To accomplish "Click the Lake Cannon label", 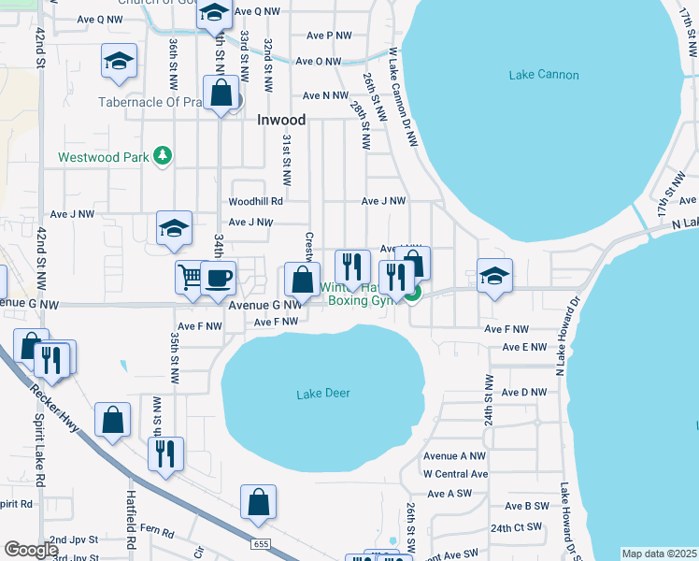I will coord(544,75).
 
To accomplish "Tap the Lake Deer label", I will coord(323,394).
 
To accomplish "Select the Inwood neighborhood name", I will coord(281,120).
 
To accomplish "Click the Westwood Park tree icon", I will coord(164,156).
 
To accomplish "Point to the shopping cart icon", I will coord(190,276).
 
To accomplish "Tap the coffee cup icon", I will coord(218,277).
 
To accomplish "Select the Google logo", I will coord(31,550).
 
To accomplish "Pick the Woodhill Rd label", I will coord(255,201).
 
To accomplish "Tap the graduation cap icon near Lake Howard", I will coord(494,275).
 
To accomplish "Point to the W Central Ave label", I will coord(455,474).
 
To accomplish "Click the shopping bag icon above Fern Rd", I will coord(258,501).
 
